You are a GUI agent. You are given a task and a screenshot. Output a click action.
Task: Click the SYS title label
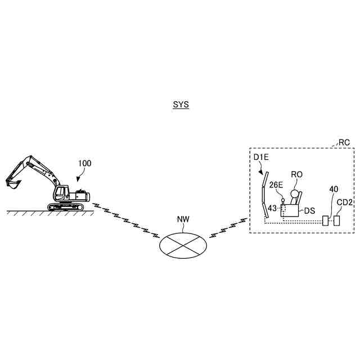[181, 105]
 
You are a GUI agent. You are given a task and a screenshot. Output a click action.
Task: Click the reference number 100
[84, 164]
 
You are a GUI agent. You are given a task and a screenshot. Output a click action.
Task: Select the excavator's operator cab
[60, 194]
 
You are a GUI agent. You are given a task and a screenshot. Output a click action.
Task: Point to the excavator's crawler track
[66, 208]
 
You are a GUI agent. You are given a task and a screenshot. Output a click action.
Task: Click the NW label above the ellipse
[183, 219]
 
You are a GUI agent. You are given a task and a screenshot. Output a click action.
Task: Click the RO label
[296, 174]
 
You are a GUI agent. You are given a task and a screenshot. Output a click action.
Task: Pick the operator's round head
[294, 194]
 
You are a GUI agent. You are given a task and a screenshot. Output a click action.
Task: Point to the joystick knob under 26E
[282, 200]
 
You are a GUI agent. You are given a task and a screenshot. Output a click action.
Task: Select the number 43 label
[272, 209]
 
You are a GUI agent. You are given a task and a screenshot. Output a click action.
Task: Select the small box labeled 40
[326, 220]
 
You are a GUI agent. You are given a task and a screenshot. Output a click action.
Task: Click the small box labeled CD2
[337, 220]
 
